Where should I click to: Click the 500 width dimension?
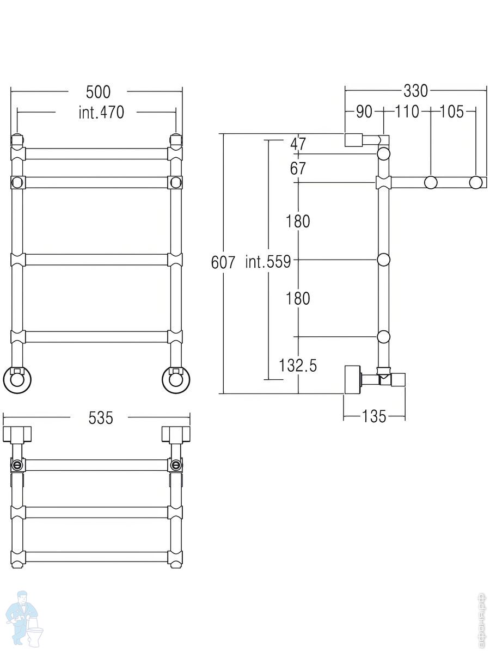click(98, 92)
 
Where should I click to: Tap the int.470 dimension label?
click(101, 113)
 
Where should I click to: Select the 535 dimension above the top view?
click(101, 418)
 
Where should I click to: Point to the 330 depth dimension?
click(415, 90)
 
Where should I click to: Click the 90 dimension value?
click(364, 112)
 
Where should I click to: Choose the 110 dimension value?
click(407, 112)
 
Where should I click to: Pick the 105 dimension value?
click(452, 112)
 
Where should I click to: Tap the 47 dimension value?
click(298, 144)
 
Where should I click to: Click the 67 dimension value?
click(298, 168)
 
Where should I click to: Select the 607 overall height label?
click(223, 262)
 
